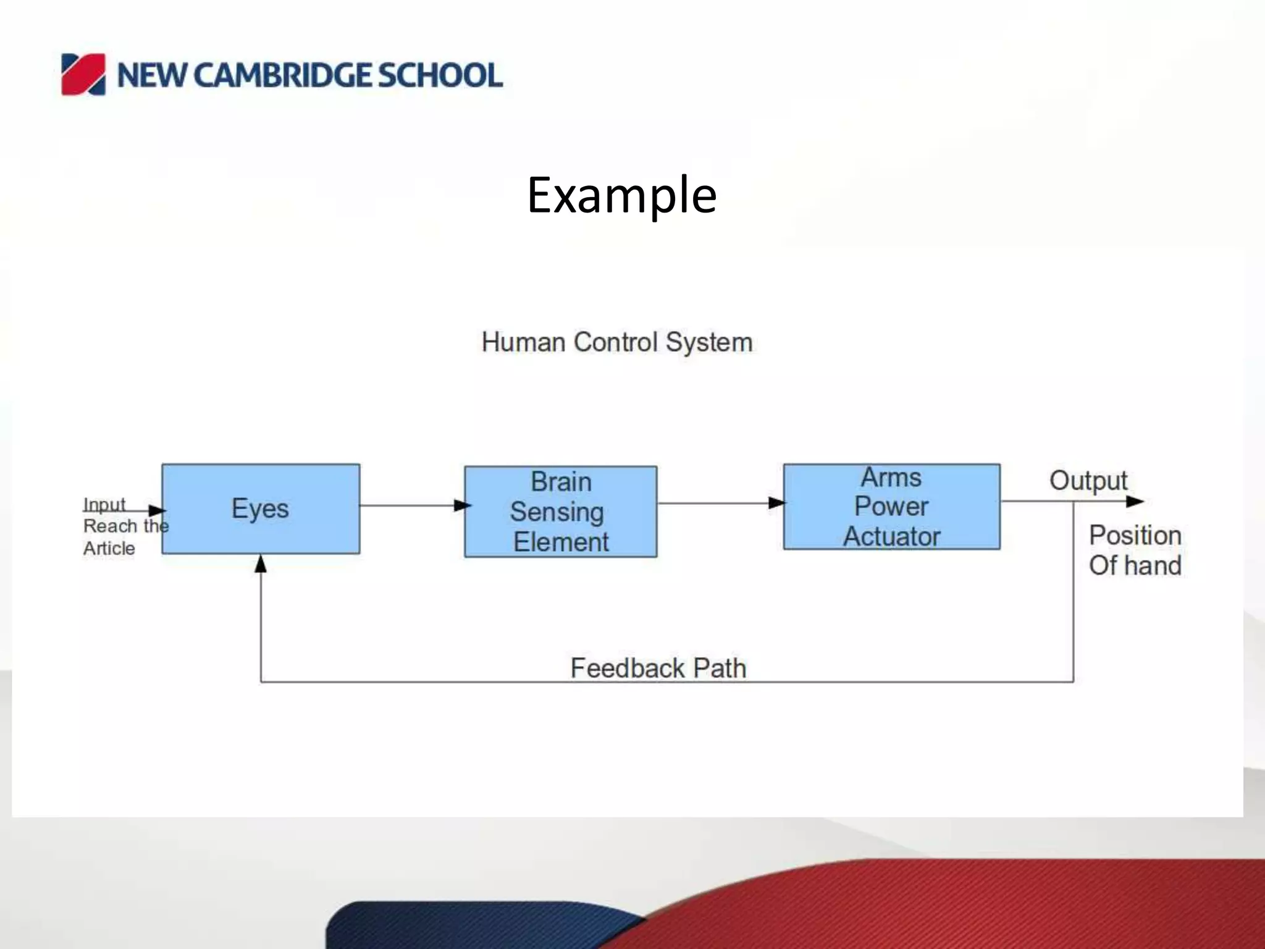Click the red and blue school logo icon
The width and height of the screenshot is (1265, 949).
[83, 75]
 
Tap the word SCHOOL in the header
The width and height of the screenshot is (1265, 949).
[440, 75]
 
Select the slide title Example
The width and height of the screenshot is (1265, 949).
[621, 195]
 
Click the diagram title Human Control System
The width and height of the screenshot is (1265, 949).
[616, 342]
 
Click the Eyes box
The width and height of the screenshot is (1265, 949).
[260, 508]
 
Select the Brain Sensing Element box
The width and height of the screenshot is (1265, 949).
[560, 512]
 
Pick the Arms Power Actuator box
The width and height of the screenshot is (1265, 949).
[891, 507]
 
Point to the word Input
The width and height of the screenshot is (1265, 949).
[104, 505]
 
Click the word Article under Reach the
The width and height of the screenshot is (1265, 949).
[109, 548]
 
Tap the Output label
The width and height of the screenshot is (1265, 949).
[1088, 481]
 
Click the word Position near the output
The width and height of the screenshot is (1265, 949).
[1135, 535]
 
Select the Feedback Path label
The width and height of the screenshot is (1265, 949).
[658, 668]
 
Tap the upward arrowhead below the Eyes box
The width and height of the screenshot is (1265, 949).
[261, 563]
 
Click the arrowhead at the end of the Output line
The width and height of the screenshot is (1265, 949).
[1135, 501]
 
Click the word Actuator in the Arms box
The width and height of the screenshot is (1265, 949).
[891, 536]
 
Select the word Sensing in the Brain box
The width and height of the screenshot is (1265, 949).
[557, 512]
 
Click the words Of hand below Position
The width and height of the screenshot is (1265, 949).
[1135, 565]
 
